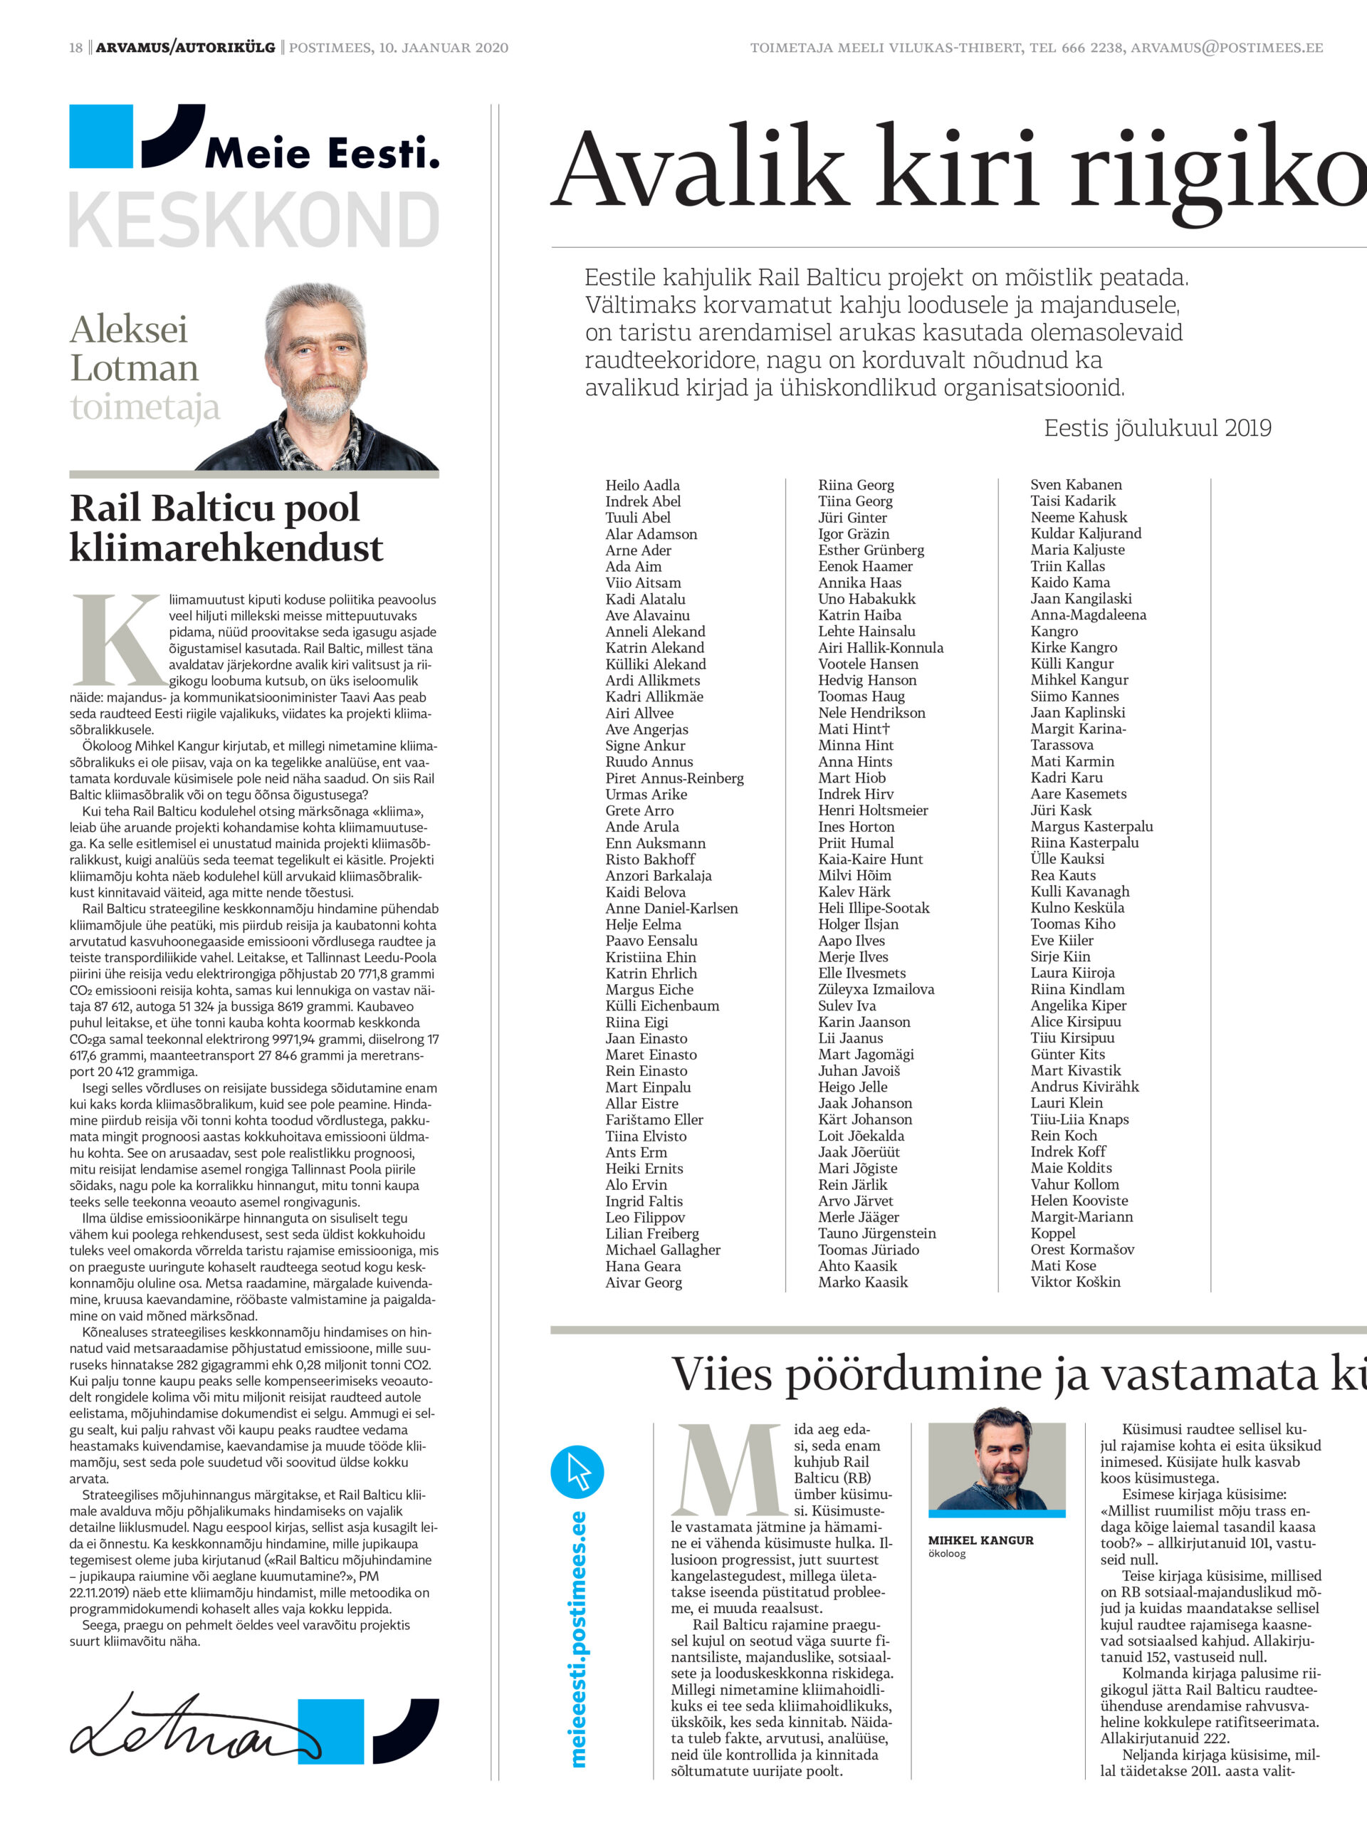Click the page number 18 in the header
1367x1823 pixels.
[x=75, y=48]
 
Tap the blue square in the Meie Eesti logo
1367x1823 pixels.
[x=100, y=136]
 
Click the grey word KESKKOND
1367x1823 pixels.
[x=253, y=220]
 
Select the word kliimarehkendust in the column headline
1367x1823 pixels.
[x=226, y=547]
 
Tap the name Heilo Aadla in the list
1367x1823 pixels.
[x=642, y=486]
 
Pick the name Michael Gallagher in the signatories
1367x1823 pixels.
[x=662, y=1250]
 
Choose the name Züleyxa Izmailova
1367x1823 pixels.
[x=875, y=989]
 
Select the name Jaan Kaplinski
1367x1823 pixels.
[x=1077, y=712]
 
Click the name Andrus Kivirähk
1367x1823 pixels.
[x=1084, y=1086]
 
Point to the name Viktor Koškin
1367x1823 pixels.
[x=1074, y=1282]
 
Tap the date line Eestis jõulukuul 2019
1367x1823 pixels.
[x=1157, y=428]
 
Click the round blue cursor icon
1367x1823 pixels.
[x=577, y=1472]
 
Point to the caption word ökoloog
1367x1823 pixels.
[x=946, y=1554]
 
